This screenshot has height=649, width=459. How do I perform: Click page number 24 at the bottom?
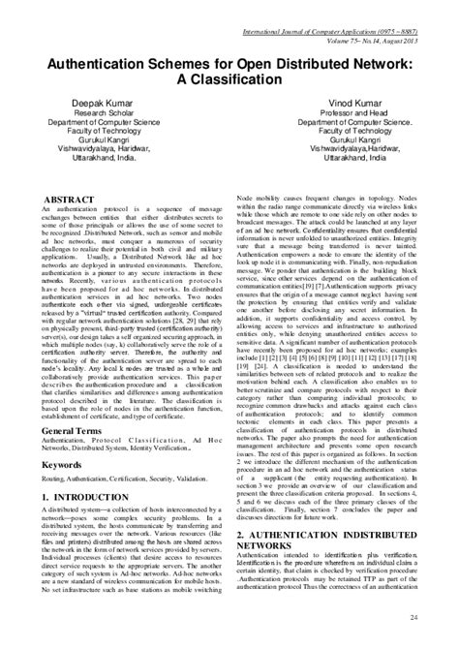(x=441, y=616)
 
